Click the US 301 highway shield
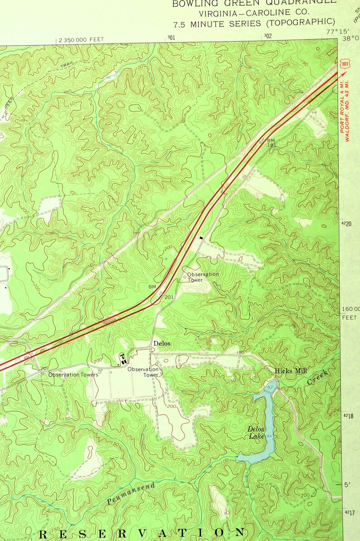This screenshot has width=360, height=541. point(345,64)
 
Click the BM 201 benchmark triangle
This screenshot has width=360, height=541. point(160,293)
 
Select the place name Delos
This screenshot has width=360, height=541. point(162,343)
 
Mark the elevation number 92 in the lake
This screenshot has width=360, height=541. point(269,388)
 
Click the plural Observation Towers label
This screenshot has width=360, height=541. point(73,375)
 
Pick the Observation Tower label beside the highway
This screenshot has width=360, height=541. point(203,277)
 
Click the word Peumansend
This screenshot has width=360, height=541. point(131,494)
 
